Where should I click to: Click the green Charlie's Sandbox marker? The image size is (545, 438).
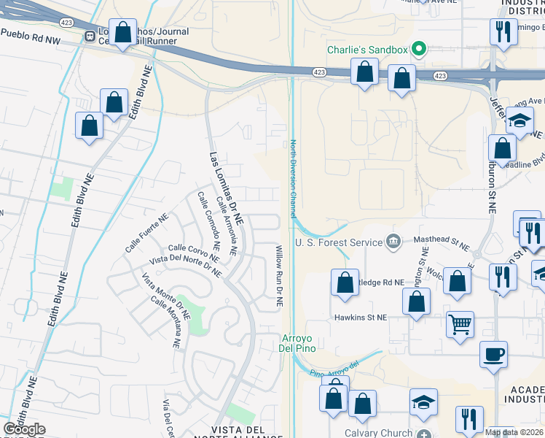click(418, 50)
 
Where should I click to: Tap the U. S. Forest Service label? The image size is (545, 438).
click(339, 242)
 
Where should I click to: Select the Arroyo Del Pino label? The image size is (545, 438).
click(296, 343)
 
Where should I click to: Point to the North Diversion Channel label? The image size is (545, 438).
click(293, 179)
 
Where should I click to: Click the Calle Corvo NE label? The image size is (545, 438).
click(194, 253)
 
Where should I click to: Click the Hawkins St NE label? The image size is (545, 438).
click(360, 318)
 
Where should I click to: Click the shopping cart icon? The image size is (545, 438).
click(460, 324)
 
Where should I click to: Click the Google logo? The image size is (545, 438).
click(24, 429)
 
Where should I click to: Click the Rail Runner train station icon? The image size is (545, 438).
click(90, 36)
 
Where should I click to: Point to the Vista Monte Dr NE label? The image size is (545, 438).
click(165, 296)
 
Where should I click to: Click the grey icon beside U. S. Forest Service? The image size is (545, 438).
click(393, 241)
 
